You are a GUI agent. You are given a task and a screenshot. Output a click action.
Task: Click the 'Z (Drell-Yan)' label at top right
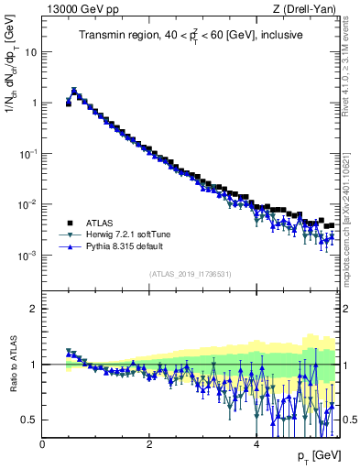(x=309, y=10)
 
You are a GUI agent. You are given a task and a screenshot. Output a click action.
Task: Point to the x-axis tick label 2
(x=149, y=443)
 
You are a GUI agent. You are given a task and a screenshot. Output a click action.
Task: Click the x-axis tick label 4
(x=256, y=443)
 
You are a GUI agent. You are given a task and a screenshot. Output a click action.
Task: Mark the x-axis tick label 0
(x=42, y=443)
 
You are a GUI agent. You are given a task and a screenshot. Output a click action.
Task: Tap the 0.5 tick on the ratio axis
(x=29, y=420)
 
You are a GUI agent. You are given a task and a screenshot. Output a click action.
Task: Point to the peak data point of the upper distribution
(x=74, y=91)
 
